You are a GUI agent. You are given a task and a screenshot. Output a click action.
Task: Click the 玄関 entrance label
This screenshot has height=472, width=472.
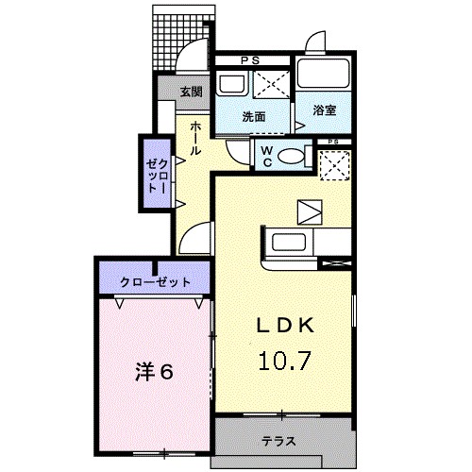pos(192,91)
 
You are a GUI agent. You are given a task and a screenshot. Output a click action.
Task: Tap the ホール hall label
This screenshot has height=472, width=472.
pos(194,138)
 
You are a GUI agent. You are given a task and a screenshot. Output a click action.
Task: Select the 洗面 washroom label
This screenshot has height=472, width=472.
pos(252,117)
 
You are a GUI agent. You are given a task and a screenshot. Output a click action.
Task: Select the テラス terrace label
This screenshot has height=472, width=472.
pos(278,441)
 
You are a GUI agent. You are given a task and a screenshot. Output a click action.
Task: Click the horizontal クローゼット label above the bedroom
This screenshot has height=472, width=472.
pos(156,282)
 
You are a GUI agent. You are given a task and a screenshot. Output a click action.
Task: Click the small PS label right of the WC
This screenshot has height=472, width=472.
pos(332,143)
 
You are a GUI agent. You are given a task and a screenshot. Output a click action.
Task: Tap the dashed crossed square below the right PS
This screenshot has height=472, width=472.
pos(332,165)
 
